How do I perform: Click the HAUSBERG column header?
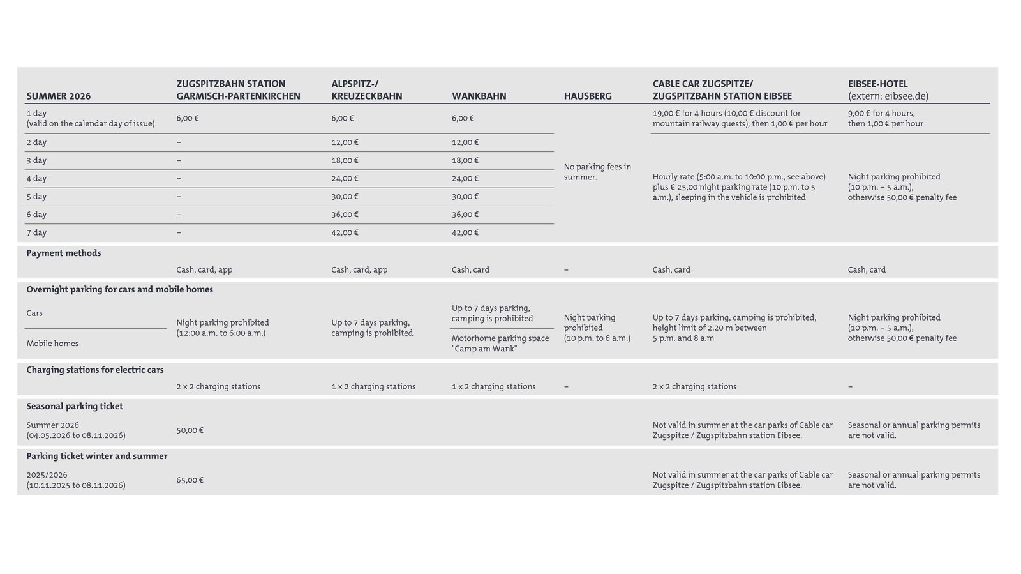(587, 96)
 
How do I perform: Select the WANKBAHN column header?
(479, 96)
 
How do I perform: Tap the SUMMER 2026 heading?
(59, 96)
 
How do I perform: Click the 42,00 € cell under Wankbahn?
(465, 232)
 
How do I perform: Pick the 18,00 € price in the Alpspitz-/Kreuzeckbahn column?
(345, 160)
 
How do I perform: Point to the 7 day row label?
(36, 232)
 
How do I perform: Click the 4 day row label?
(36, 178)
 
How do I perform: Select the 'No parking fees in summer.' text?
(597, 172)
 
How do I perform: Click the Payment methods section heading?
(64, 253)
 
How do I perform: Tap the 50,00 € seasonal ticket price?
(190, 430)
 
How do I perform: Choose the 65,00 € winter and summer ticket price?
(190, 480)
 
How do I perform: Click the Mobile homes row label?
(52, 344)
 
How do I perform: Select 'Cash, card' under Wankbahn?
(470, 269)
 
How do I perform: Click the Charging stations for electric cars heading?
(95, 370)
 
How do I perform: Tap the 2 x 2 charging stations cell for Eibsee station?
(694, 386)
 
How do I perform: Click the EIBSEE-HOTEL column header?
(877, 84)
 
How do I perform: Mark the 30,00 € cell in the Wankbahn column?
(465, 197)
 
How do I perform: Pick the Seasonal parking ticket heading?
(75, 406)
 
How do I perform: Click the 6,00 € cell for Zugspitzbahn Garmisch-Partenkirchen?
(188, 118)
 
